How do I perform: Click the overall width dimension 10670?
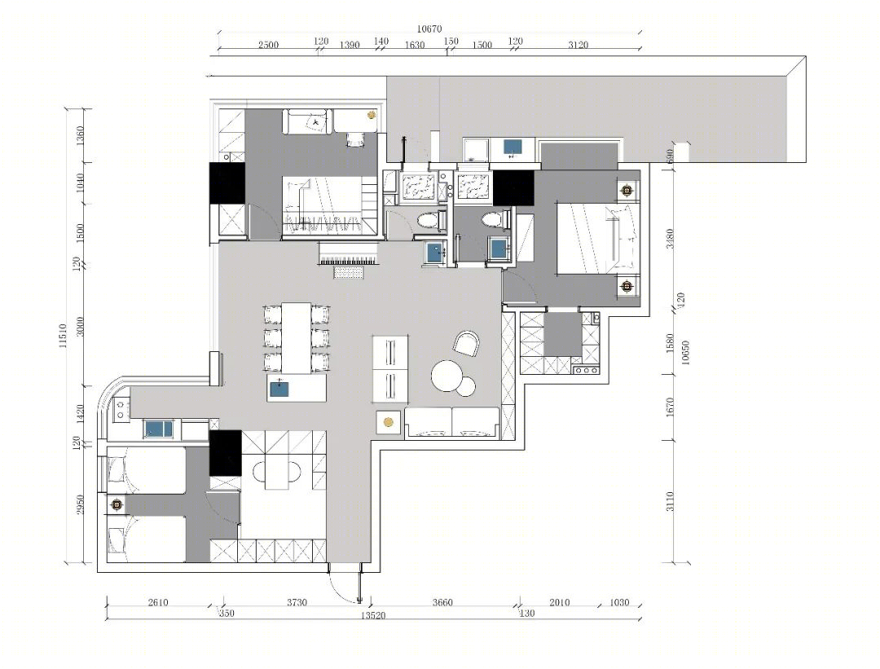[429, 29]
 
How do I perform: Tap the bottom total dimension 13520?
[372, 616]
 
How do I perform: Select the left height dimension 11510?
[63, 335]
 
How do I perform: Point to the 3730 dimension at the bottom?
[297, 603]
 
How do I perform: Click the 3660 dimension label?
[442, 603]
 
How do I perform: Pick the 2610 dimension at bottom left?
[158, 603]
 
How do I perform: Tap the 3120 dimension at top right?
[578, 45]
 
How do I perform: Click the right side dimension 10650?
[684, 353]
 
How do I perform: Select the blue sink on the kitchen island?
[279, 389]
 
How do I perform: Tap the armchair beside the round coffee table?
[467, 344]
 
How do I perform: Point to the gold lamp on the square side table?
[388, 422]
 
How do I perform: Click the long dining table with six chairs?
[297, 338]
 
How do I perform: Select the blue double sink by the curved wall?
[159, 429]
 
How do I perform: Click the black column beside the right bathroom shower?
[513, 188]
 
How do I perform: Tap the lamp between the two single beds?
[117, 504]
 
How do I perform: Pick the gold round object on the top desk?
[371, 115]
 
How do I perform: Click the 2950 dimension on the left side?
[80, 504]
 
